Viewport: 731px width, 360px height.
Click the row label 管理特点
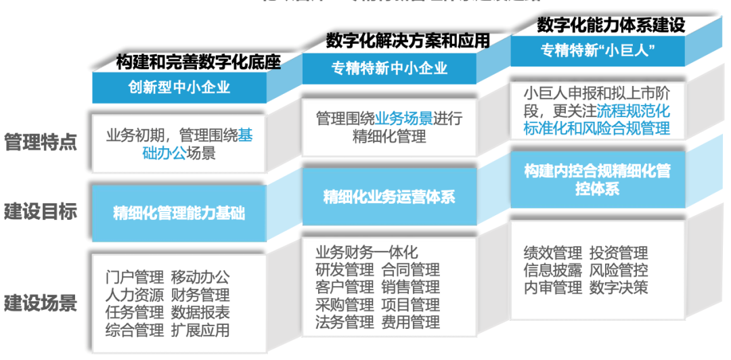pyautogui.click(x=41, y=143)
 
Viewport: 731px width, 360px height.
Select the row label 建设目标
pyautogui.click(x=41, y=212)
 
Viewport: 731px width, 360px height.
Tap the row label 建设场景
pyautogui.click(x=41, y=302)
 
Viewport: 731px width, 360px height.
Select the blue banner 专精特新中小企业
pyautogui.click(x=389, y=68)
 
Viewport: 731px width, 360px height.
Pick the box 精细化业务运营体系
pyautogui.click(x=389, y=197)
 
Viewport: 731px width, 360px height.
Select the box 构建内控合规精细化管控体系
pyautogui.click(x=597, y=180)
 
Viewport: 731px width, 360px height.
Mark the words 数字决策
pyautogui.click(x=618, y=288)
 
